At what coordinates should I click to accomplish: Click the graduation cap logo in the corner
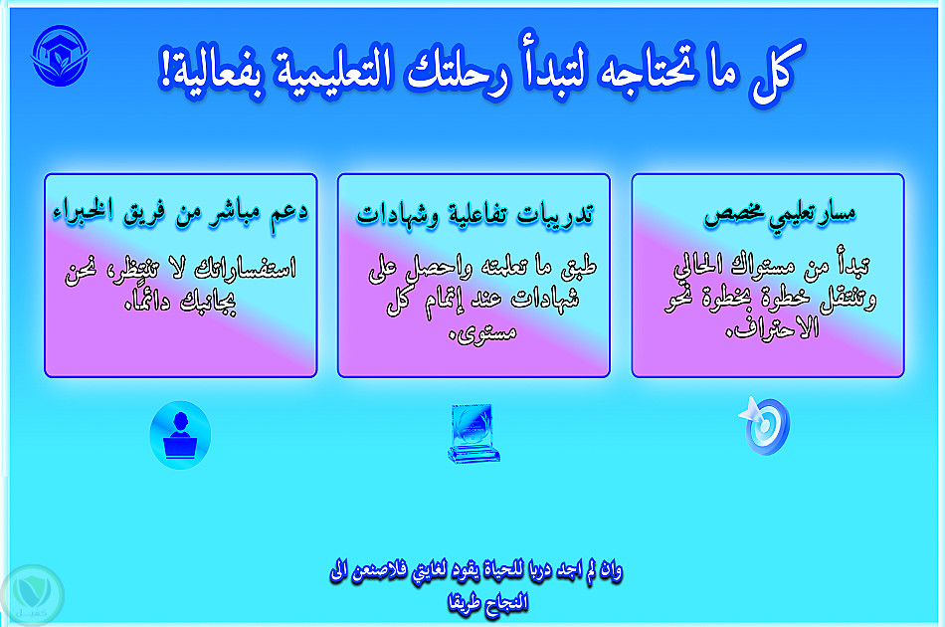[60, 56]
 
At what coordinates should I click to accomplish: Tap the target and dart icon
[764, 425]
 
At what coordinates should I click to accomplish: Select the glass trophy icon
[473, 434]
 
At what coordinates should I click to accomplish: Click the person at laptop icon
[180, 435]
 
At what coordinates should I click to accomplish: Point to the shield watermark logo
[32, 595]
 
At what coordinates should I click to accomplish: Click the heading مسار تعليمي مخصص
[779, 215]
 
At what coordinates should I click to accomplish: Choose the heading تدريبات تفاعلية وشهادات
[474, 215]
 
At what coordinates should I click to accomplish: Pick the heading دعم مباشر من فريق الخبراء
[180, 212]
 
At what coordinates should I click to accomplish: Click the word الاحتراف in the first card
[773, 328]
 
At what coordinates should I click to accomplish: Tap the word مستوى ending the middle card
[483, 332]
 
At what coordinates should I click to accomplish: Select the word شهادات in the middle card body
[545, 299]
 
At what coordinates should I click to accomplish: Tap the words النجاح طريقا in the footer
[487, 603]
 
